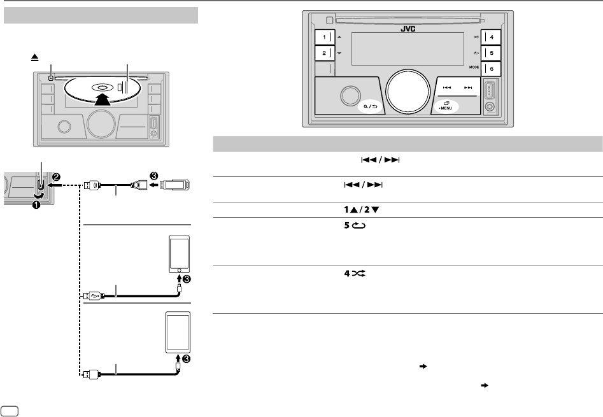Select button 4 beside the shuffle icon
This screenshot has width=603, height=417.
click(x=491, y=37)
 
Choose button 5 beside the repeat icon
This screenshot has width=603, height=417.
click(x=491, y=53)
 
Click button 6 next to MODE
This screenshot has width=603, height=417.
click(x=491, y=69)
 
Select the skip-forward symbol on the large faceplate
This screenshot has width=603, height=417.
click(x=469, y=88)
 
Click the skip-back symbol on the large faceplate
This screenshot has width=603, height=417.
click(x=448, y=88)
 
